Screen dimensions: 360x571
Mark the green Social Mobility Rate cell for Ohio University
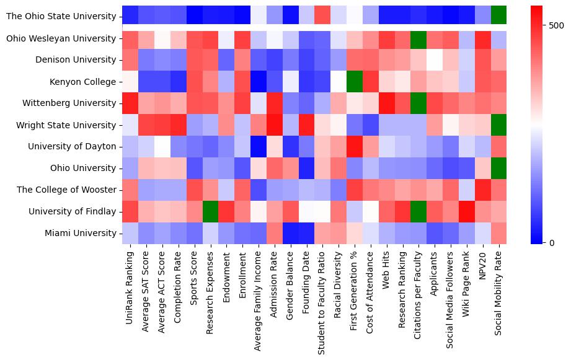(x=498, y=168)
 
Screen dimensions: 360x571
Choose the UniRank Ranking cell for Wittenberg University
(x=130, y=103)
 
